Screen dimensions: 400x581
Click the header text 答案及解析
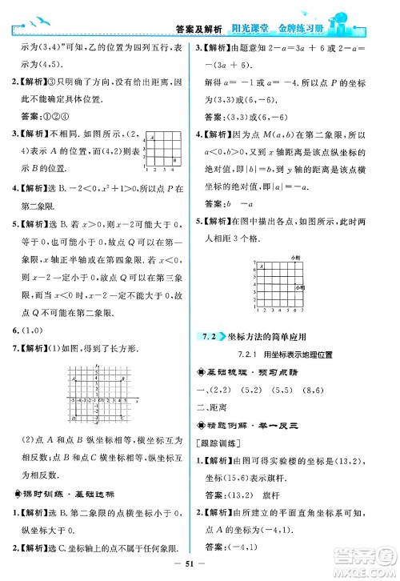pyautogui.click(x=198, y=30)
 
